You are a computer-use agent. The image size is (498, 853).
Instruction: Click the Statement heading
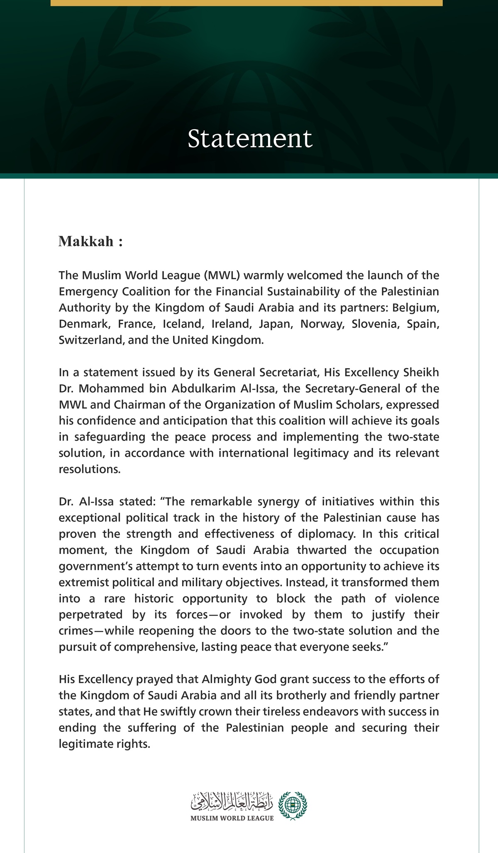click(249, 139)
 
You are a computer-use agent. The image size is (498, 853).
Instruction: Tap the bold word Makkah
click(86, 241)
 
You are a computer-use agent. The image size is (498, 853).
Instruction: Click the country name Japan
click(275, 324)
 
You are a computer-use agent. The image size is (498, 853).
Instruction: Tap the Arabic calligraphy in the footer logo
click(232, 801)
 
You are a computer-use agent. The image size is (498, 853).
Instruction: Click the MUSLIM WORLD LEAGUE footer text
click(232, 818)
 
